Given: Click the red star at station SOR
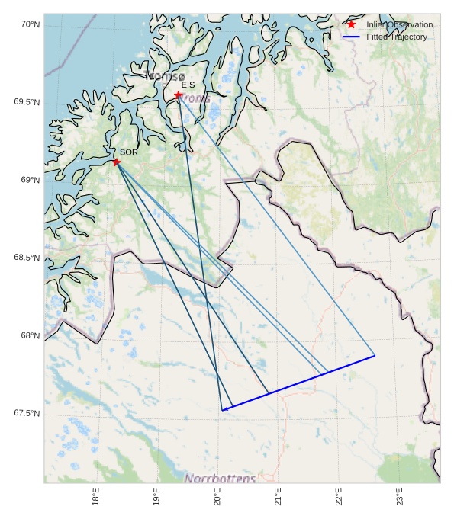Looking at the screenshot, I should [x=116, y=162].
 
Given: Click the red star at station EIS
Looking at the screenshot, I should [x=178, y=95].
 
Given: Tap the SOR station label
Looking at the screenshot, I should [x=128, y=152].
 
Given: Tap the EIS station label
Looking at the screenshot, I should [x=188, y=85].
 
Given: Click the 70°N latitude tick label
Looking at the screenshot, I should [x=30, y=25].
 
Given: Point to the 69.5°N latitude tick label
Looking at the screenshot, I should [x=27, y=102].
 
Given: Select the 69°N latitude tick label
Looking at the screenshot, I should [x=30, y=180].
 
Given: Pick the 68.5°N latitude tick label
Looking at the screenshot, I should [x=27, y=258].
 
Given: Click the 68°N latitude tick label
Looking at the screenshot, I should [x=30, y=335].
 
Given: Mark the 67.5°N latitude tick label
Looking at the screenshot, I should [x=27, y=413].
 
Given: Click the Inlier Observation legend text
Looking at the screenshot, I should [x=399, y=24].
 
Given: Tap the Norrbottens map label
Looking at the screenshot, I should [x=221, y=479].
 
